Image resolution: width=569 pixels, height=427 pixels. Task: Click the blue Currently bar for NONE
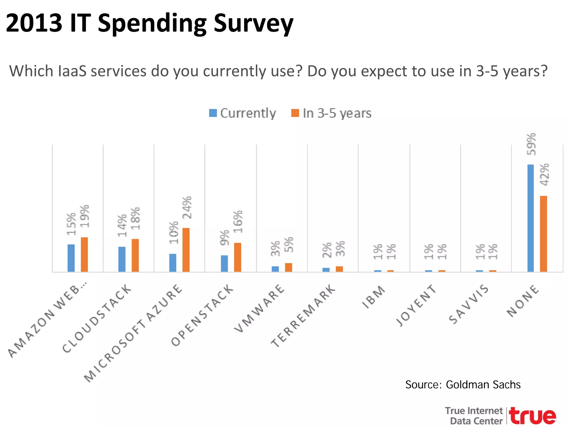pyautogui.click(x=530, y=218)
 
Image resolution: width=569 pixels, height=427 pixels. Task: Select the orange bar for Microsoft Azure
pyautogui.click(x=186, y=250)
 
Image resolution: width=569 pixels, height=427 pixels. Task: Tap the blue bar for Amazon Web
pyautogui.click(x=71, y=258)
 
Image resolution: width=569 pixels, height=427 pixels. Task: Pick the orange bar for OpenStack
pyautogui.click(x=238, y=257)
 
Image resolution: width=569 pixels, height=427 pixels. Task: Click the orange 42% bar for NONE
pyautogui.click(x=543, y=234)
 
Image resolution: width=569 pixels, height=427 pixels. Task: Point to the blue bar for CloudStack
pyautogui.click(x=122, y=259)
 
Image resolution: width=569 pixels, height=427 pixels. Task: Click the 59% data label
pyautogui.click(x=531, y=144)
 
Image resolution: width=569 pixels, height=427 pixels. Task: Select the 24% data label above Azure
pyautogui.click(x=187, y=207)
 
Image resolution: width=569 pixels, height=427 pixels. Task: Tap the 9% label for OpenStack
pyautogui.click(x=224, y=238)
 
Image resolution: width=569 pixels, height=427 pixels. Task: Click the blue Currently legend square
pyautogui.click(x=213, y=113)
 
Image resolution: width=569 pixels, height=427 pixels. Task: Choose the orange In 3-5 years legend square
pyautogui.click(x=295, y=113)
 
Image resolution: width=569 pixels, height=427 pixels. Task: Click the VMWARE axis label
pyautogui.click(x=259, y=308)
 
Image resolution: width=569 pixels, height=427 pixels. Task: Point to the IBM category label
pyautogui.click(x=374, y=297)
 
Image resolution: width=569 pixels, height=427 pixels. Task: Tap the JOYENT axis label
pyautogui.click(x=416, y=305)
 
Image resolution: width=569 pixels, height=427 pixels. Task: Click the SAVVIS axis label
pyautogui.click(x=469, y=304)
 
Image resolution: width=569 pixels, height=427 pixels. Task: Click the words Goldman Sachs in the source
pyautogui.click(x=483, y=385)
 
